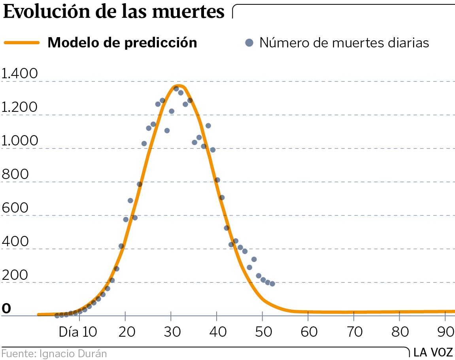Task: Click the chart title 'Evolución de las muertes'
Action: (114, 12)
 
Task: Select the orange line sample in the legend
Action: (22, 43)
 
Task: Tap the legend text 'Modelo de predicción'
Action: (122, 43)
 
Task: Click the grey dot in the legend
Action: (249, 43)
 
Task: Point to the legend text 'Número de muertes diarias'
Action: (344, 43)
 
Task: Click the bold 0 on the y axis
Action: (6, 308)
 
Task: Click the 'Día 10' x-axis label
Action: (78, 332)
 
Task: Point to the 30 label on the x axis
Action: (171, 332)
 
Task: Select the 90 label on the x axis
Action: (446, 332)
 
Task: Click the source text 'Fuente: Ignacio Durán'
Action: (54, 353)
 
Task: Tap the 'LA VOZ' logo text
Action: (433, 352)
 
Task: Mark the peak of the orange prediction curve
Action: (178, 86)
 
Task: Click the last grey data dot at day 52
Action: (272, 284)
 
